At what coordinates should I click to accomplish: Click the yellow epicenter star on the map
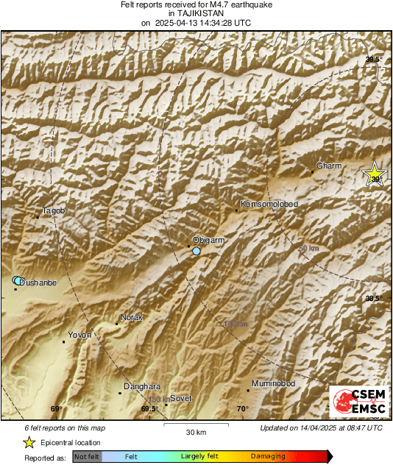click(x=375, y=175)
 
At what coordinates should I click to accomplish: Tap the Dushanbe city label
click(x=37, y=283)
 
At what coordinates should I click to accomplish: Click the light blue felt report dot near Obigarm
click(x=196, y=252)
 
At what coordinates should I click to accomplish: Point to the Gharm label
click(x=328, y=166)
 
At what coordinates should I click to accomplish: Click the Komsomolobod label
click(x=269, y=204)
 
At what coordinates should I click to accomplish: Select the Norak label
click(x=131, y=317)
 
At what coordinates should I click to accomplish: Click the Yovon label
click(x=79, y=335)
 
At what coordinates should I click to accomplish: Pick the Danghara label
click(x=142, y=386)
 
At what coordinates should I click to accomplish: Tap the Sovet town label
click(x=180, y=398)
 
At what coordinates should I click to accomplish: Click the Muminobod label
click(x=273, y=384)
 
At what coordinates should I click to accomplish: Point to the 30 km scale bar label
click(x=196, y=432)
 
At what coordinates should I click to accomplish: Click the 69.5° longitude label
click(x=149, y=409)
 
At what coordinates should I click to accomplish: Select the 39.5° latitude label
click(x=374, y=60)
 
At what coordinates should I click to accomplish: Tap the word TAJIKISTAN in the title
click(x=196, y=13)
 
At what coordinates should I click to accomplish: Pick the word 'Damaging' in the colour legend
click(x=268, y=457)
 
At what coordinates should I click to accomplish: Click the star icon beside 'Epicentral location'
click(x=29, y=443)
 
